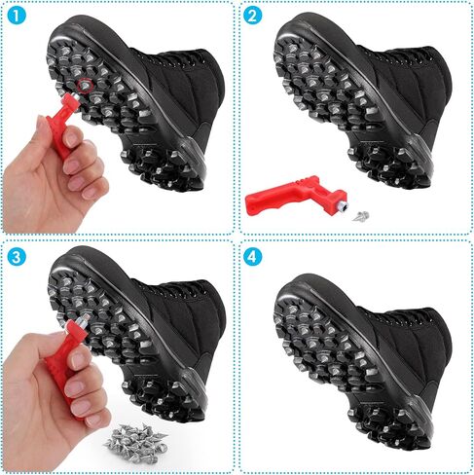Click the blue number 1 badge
pos(16,15)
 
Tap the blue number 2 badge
pos(252,15)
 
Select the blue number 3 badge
pos(16,257)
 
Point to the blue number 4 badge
pos(252,257)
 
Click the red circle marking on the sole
pos(86,86)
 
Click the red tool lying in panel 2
pos(294,196)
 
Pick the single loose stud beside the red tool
pos(361,215)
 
